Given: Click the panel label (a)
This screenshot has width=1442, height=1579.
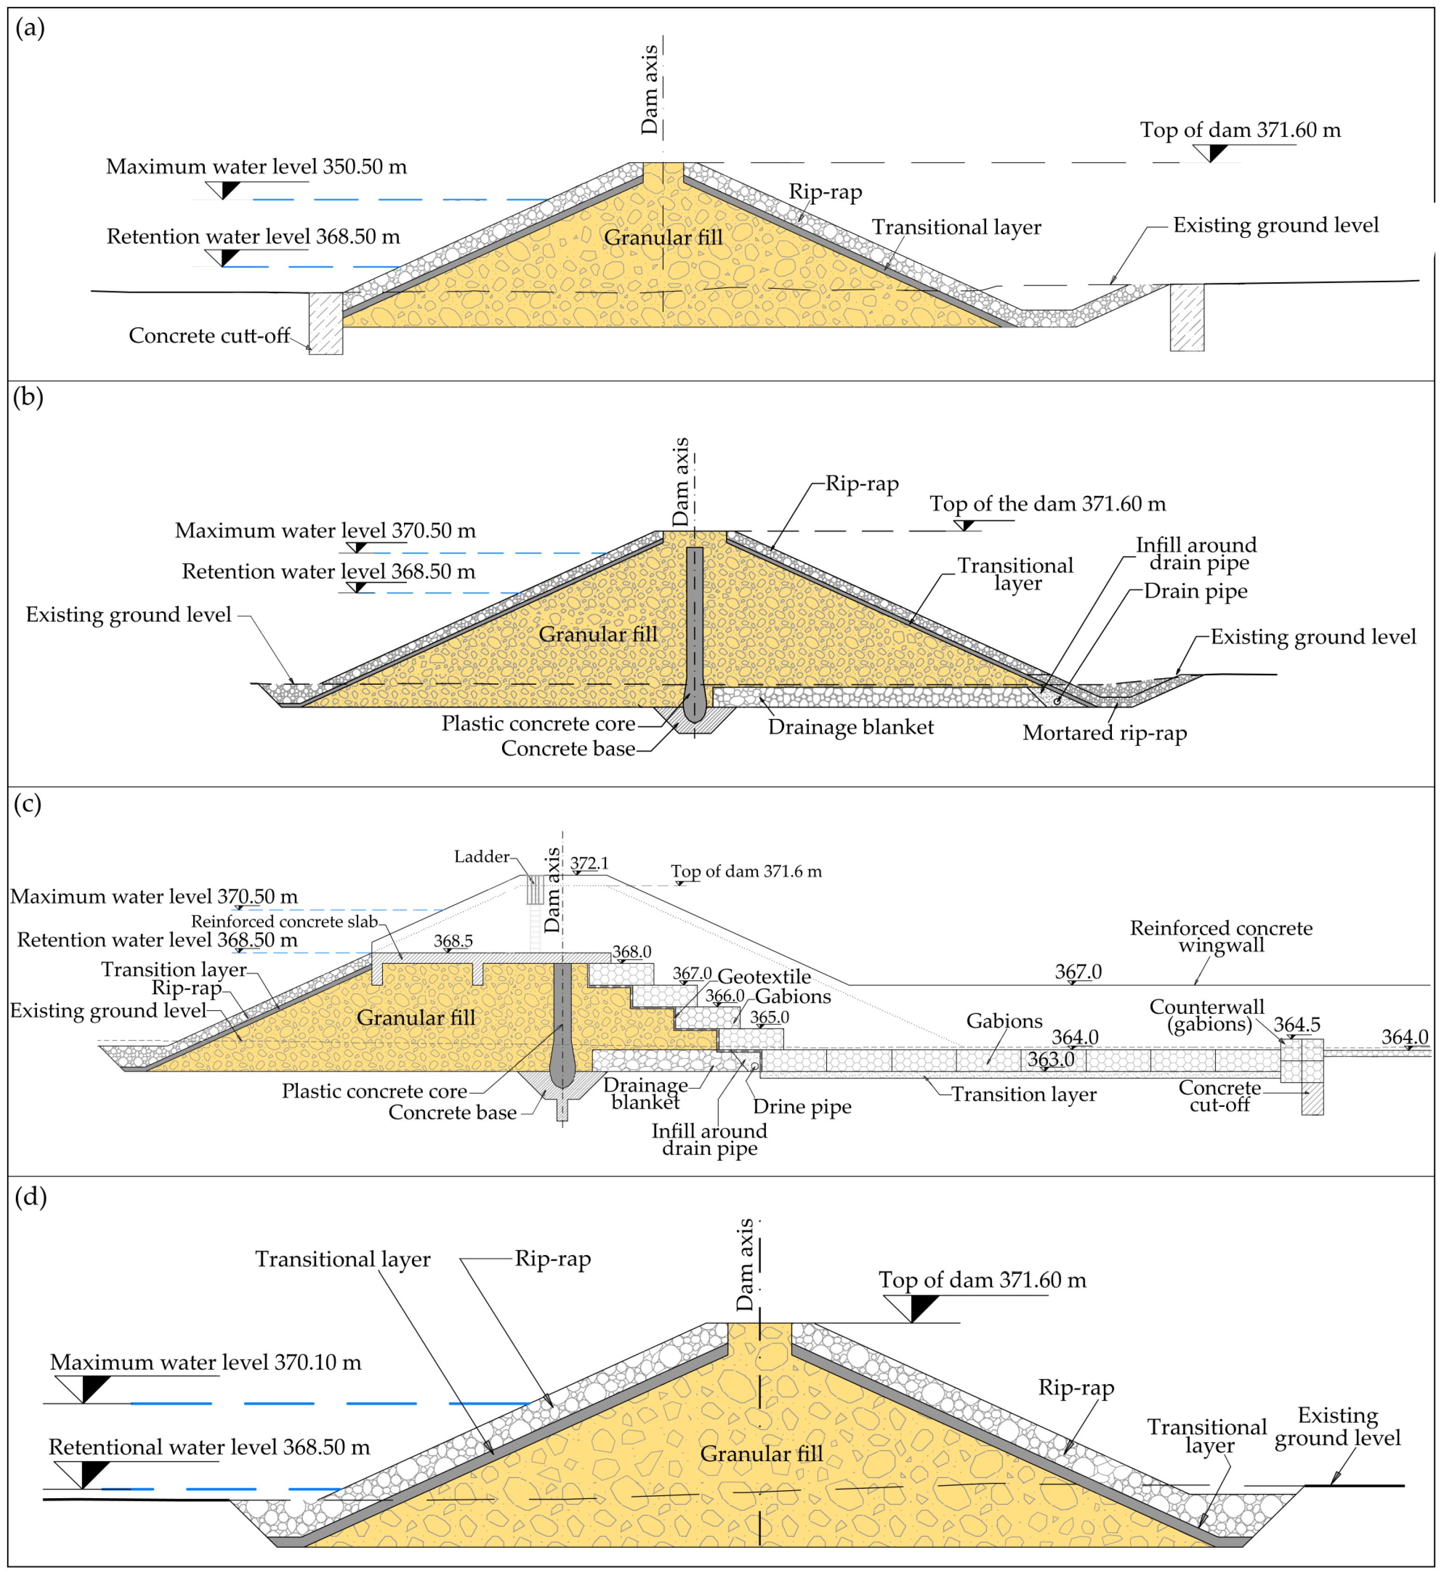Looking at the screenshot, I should pyautogui.click(x=30, y=28).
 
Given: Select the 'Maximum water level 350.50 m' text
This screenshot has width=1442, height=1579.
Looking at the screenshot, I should pyautogui.click(x=256, y=167).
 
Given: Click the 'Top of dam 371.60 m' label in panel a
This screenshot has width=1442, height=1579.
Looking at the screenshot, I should pyautogui.click(x=1240, y=130).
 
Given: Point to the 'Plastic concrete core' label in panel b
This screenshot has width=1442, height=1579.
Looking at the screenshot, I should pyautogui.click(x=538, y=724).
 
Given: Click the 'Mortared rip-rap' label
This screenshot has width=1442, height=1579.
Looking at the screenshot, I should pyautogui.click(x=1104, y=733).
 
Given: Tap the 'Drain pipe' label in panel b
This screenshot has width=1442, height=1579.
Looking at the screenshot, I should pyautogui.click(x=1195, y=591).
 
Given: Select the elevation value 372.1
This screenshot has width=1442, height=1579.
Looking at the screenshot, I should pyautogui.click(x=589, y=863).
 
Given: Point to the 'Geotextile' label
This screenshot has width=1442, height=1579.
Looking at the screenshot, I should pyautogui.click(x=764, y=976).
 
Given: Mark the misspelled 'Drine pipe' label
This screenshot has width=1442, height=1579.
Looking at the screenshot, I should pyautogui.click(x=802, y=1107).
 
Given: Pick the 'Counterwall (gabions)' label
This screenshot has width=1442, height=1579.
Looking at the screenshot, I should pyautogui.click(x=1207, y=1016).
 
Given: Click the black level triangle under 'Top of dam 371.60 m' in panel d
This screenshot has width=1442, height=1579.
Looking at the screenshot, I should pyautogui.click(x=922, y=1307).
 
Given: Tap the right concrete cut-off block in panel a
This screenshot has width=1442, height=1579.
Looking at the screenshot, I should pyautogui.click(x=1187, y=317).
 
